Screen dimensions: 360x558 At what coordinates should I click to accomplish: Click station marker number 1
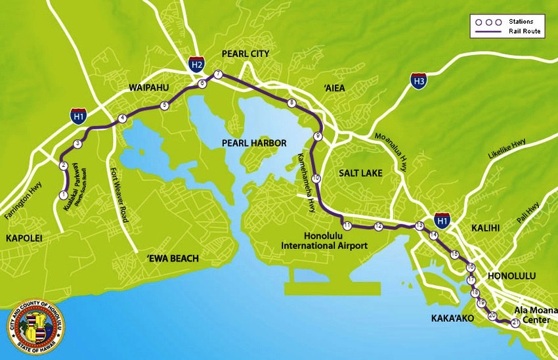[63, 195]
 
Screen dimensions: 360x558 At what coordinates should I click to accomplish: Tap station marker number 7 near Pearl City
[218, 74]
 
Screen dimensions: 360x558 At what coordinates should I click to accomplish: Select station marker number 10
[316, 178]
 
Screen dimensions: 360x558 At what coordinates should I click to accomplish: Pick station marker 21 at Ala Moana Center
[515, 322]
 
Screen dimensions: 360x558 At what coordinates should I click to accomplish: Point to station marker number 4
[122, 118]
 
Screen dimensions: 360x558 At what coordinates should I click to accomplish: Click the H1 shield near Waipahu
[77, 116]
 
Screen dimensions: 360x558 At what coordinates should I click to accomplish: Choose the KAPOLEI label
[21, 238]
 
